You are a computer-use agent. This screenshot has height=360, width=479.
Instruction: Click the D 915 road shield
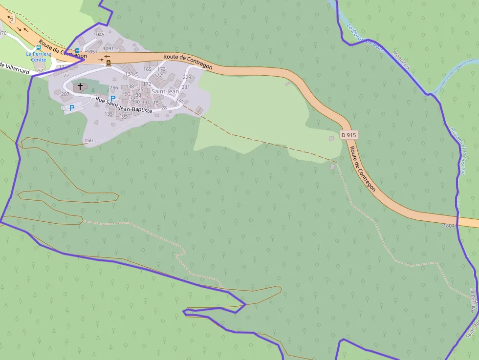click(x=348, y=134)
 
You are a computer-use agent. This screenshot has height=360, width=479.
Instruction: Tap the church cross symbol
click(x=80, y=86)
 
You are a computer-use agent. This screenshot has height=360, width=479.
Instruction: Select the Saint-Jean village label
click(x=165, y=91)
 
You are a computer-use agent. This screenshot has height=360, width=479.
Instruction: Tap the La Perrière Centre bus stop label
click(x=36, y=57)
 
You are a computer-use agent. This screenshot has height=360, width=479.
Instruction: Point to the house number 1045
click(x=99, y=35)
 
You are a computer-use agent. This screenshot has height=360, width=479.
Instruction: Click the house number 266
click(x=114, y=88)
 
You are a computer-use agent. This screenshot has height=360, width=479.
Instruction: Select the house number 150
click(x=88, y=141)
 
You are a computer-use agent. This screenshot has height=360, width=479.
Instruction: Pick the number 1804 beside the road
click(x=449, y=226)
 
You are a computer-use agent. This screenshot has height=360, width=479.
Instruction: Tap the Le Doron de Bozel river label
click(x=365, y=39)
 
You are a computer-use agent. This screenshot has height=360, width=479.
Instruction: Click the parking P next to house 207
click(x=72, y=108)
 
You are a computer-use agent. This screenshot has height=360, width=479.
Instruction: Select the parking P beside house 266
click(x=113, y=99)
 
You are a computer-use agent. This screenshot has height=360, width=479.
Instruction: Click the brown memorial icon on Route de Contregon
click(x=108, y=63)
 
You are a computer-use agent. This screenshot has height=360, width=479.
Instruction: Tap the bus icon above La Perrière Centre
click(x=39, y=48)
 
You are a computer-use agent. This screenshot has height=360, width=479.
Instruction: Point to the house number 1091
click(x=109, y=48)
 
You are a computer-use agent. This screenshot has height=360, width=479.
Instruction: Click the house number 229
click(x=187, y=77)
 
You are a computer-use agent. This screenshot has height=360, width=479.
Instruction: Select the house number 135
click(x=109, y=114)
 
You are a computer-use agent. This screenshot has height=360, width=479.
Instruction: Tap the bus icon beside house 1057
click(x=77, y=51)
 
